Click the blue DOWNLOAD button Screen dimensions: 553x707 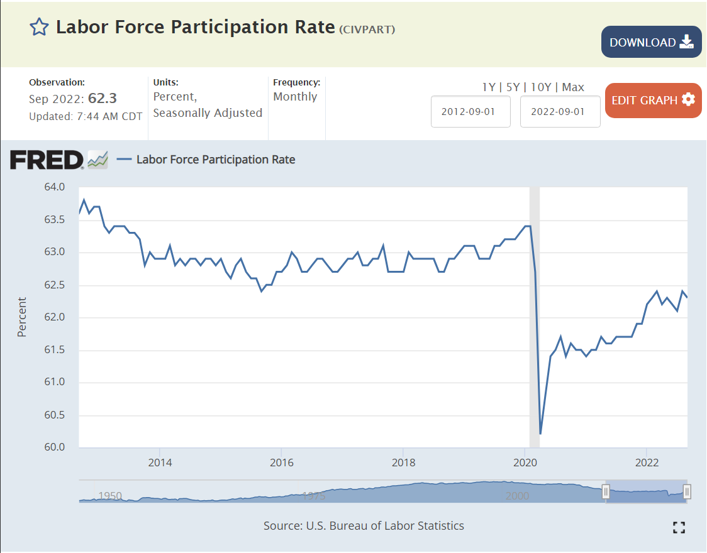click(651, 42)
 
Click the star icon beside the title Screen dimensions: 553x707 click(39, 27)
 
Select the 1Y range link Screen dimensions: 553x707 click(488, 87)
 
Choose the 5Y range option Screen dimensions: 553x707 click(513, 87)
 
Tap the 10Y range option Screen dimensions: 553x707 click(541, 87)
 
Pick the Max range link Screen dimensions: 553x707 click(573, 87)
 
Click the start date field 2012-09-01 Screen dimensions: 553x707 click(470, 112)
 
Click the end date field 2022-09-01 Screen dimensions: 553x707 click(560, 112)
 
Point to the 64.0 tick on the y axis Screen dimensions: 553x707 click(55, 187)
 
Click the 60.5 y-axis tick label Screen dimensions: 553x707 click(55, 415)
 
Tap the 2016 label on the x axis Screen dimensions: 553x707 click(282, 463)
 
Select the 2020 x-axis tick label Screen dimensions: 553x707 click(525, 463)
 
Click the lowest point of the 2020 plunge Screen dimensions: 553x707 click(541, 434)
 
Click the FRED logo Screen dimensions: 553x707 click(47, 160)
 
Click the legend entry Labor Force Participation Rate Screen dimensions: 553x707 click(216, 160)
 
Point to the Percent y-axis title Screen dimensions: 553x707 click(22, 317)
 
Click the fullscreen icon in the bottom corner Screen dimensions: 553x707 click(679, 527)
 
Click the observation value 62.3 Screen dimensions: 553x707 click(103, 99)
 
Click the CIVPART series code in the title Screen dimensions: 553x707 click(367, 30)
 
